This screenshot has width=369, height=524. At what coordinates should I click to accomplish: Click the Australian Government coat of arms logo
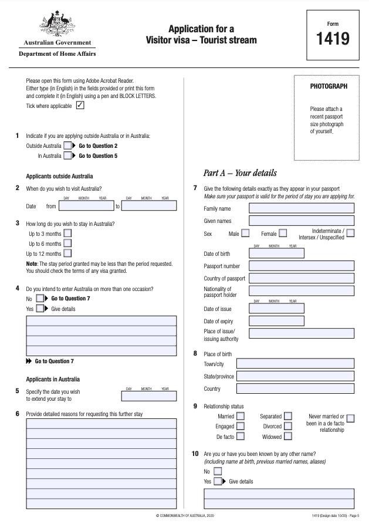click(57, 24)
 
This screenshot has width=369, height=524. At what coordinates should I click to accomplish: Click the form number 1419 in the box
click(333, 39)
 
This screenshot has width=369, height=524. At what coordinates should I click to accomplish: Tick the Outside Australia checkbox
click(68, 146)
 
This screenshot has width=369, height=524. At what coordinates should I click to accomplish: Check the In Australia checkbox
click(68, 156)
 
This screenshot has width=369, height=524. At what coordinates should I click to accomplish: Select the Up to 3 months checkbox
click(67, 233)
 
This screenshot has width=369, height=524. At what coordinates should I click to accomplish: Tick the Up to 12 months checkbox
click(67, 253)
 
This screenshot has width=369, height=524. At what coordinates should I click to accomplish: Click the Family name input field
click(302, 208)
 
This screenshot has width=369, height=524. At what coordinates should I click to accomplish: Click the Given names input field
click(302, 221)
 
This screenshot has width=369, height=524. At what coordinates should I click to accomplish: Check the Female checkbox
click(283, 234)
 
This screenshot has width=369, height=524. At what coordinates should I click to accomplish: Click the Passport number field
click(302, 266)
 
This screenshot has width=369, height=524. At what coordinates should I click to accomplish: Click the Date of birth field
click(276, 253)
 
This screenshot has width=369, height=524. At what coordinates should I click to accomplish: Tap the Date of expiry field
click(276, 321)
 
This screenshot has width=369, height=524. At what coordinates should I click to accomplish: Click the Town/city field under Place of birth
click(295, 364)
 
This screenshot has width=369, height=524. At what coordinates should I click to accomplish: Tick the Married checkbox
click(241, 417)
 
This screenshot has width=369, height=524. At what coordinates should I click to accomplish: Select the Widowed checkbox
click(287, 437)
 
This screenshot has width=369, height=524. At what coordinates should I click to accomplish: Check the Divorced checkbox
click(287, 427)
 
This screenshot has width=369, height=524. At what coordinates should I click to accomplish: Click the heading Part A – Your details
click(239, 173)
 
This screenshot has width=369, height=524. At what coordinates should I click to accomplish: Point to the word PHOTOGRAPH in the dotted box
click(329, 86)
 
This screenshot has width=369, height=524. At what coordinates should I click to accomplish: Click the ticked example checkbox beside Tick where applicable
click(80, 106)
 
